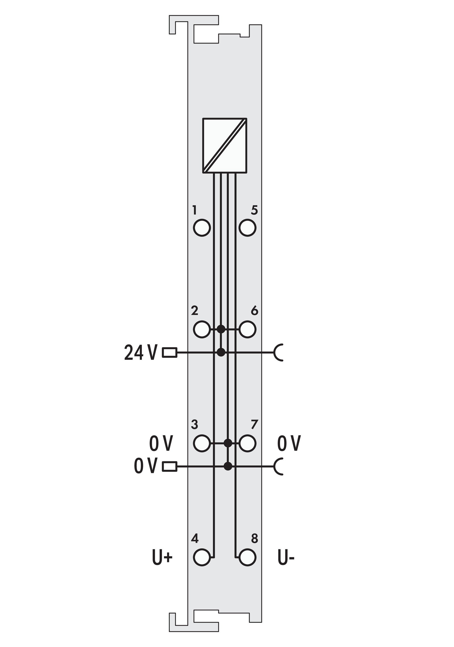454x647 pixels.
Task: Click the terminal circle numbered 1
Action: click(x=202, y=227)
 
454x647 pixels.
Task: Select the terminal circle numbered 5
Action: click(x=248, y=227)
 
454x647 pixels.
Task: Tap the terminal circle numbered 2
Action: click(x=202, y=329)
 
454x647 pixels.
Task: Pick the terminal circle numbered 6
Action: click(x=248, y=329)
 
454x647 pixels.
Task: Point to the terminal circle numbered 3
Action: click(x=202, y=451)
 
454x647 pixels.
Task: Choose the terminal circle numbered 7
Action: click(x=248, y=451)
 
